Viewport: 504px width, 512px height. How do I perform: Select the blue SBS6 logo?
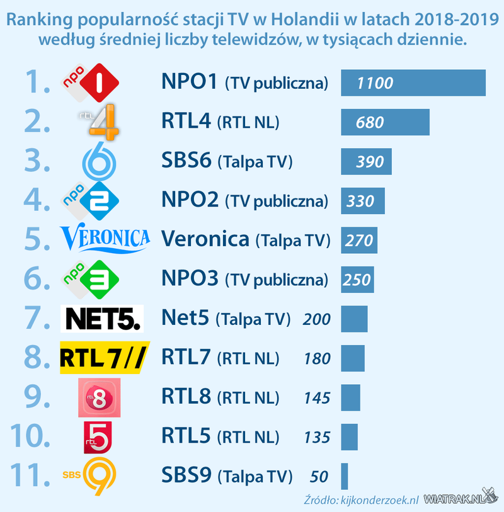coord(98,162)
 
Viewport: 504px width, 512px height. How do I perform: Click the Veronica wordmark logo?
coord(105,239)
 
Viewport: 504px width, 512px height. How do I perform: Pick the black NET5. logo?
coord(101,319)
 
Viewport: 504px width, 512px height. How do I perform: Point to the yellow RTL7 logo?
coord(104,358)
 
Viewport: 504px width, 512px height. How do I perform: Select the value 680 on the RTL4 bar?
coord(370,122)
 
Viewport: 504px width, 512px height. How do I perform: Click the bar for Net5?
coord(354,319)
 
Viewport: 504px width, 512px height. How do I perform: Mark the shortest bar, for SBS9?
coord(345,476)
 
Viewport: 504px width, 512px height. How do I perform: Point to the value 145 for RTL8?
coord(316,398)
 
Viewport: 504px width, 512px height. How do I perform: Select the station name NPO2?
coord(190,201)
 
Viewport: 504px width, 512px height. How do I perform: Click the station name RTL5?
coord(186,436)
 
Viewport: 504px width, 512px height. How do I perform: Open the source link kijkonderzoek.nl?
coord(379,499)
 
